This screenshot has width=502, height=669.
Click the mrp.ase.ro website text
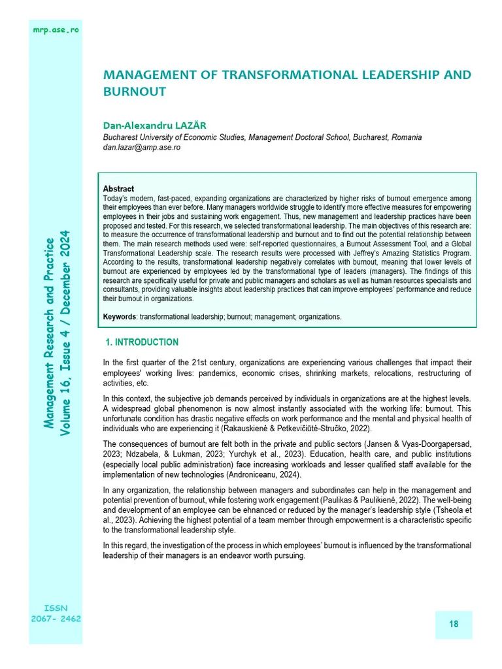pos(56,30)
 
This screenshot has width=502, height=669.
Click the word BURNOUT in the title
pos(135,92)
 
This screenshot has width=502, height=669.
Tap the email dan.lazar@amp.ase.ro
pos(142,148)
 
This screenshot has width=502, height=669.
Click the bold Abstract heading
pos(118,189)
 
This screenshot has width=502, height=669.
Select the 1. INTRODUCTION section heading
pos(142,342)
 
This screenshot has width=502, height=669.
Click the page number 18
pos(453,625)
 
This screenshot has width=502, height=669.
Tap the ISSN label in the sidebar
pos(56,608)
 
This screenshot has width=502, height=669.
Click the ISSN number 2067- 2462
pos(56,619)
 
